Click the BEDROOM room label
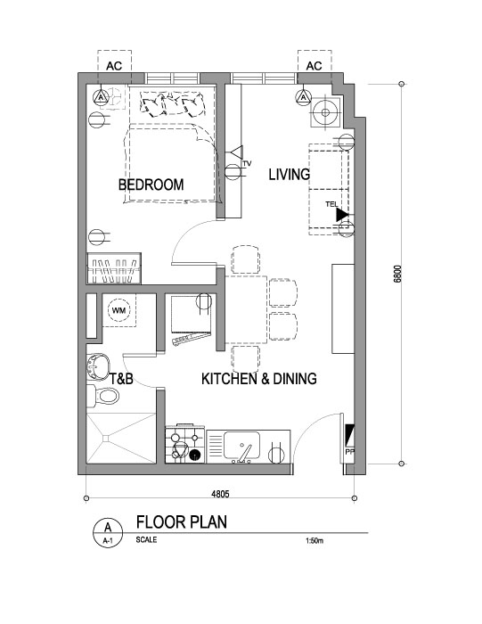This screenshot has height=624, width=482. pos(151,185)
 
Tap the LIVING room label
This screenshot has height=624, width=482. pos(290,175)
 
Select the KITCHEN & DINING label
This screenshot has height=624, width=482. pos(259,379)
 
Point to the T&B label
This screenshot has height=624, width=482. pos(121,379)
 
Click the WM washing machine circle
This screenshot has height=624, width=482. pos(118,310)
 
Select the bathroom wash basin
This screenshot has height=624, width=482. pos(96,365)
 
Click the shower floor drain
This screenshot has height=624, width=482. pos(106,439)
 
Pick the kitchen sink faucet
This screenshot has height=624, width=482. pos(244,453)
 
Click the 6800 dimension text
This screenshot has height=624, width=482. pos(397,274)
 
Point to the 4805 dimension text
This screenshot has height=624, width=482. pos(220,494)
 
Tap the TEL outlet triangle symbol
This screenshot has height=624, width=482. pos(342,215)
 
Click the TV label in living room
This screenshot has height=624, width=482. pos(247,163)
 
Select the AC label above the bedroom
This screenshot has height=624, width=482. pos(114,66)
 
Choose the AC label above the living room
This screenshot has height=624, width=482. pos(314,66)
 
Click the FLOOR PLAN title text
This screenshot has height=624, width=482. pos(182,521)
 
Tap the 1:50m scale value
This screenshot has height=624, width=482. pos(315,540)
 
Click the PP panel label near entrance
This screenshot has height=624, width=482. pos(350,452)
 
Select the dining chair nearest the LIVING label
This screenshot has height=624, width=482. pos(246,259)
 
